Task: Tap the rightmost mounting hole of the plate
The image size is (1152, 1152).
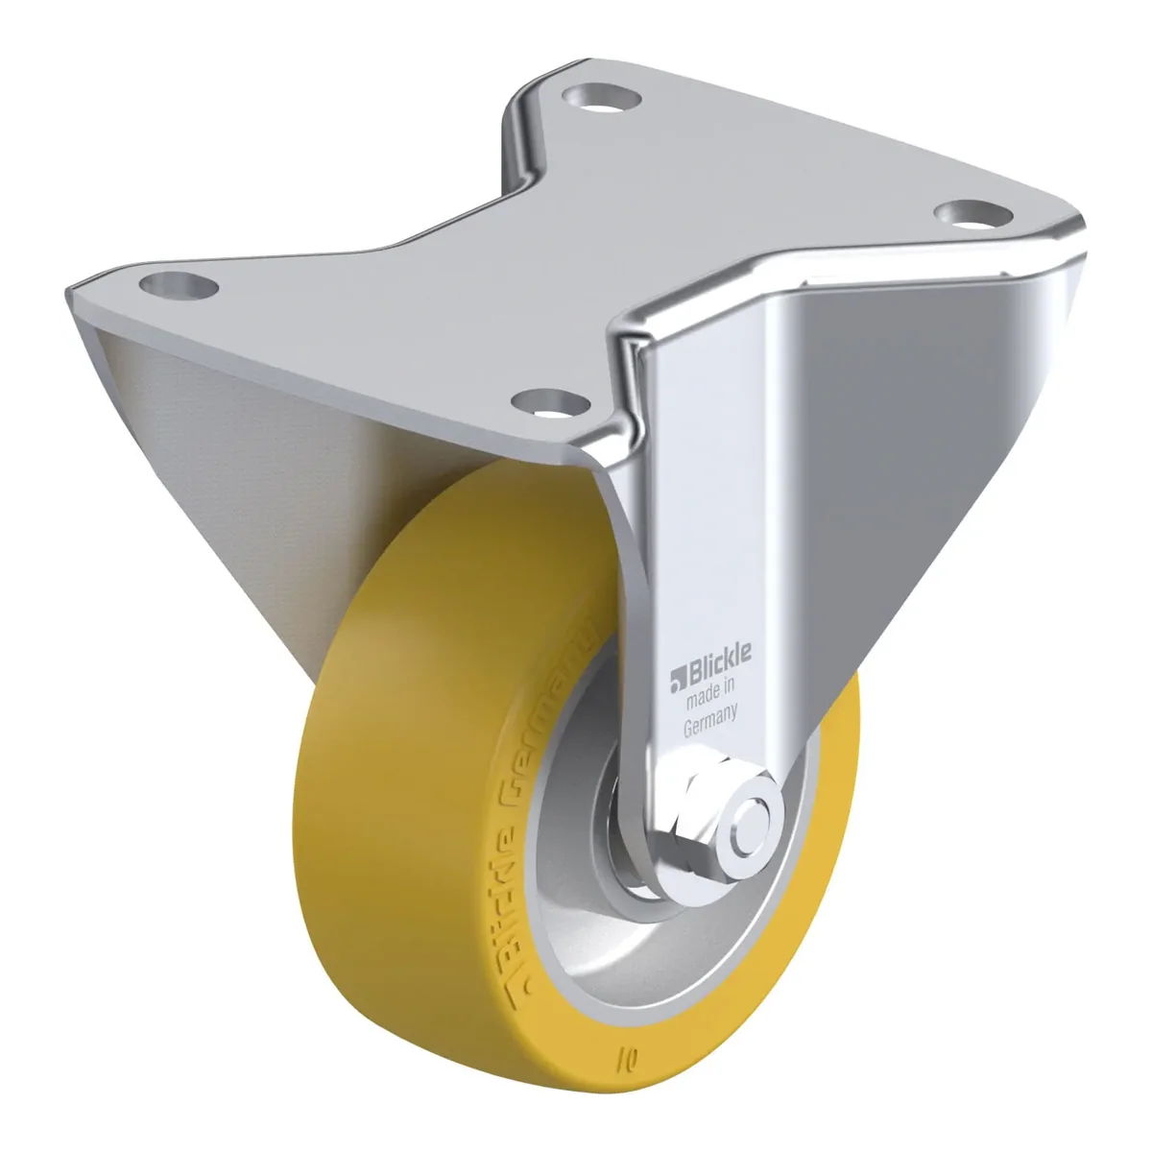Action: [x=973, y=216]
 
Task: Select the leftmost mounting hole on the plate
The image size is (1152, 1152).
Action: [x=179, y=284]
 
